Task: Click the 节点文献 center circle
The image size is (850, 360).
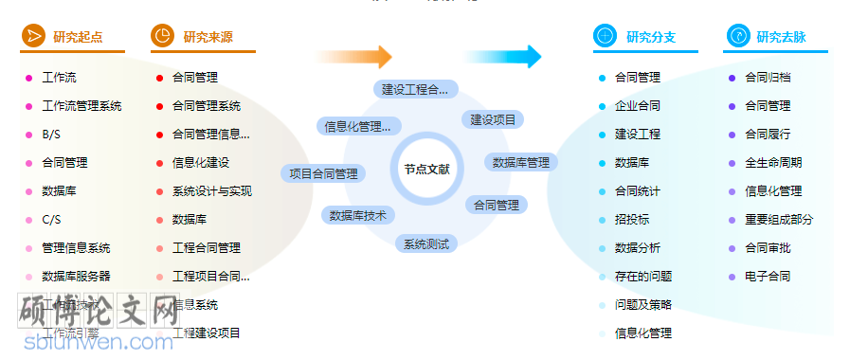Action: [426, 170]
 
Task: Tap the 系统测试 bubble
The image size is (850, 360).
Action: [426, 243]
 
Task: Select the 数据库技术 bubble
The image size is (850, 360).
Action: [358, 215]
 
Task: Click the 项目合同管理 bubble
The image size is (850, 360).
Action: [324, 173]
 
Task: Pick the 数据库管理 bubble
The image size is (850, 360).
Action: [521, 162]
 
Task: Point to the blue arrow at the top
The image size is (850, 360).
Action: [516, 57]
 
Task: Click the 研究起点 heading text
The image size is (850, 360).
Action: [78, 38]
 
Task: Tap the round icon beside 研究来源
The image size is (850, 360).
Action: [162, 37]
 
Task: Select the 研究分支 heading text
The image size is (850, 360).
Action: [651, 38]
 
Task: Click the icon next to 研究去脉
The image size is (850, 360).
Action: [736, 37]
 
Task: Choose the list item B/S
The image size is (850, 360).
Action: [51, 135]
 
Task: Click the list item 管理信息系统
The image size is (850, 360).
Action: [76, 248]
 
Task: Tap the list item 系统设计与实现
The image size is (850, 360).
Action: [211, 191]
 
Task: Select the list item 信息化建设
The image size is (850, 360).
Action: [200, 163]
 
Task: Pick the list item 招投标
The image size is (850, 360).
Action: [632, 220]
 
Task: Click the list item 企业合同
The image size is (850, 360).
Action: [638, 106]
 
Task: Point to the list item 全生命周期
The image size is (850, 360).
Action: [773, 163]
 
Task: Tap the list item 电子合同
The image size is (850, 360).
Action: [768, 277]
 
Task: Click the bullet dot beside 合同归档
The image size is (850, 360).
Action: [732, 78]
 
